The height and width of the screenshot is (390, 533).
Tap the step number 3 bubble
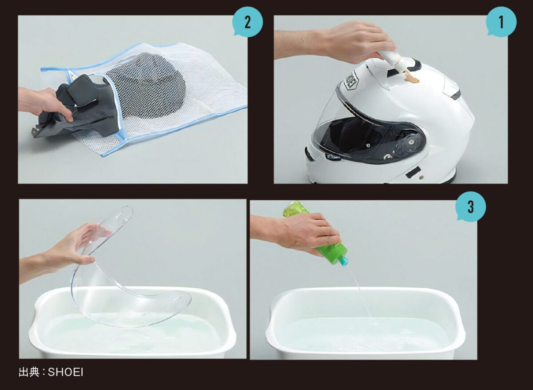(x=471, y=207)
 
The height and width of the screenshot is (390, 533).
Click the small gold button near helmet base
(x=421, y=177)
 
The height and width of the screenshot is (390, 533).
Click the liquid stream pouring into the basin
(x=359, y=293)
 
